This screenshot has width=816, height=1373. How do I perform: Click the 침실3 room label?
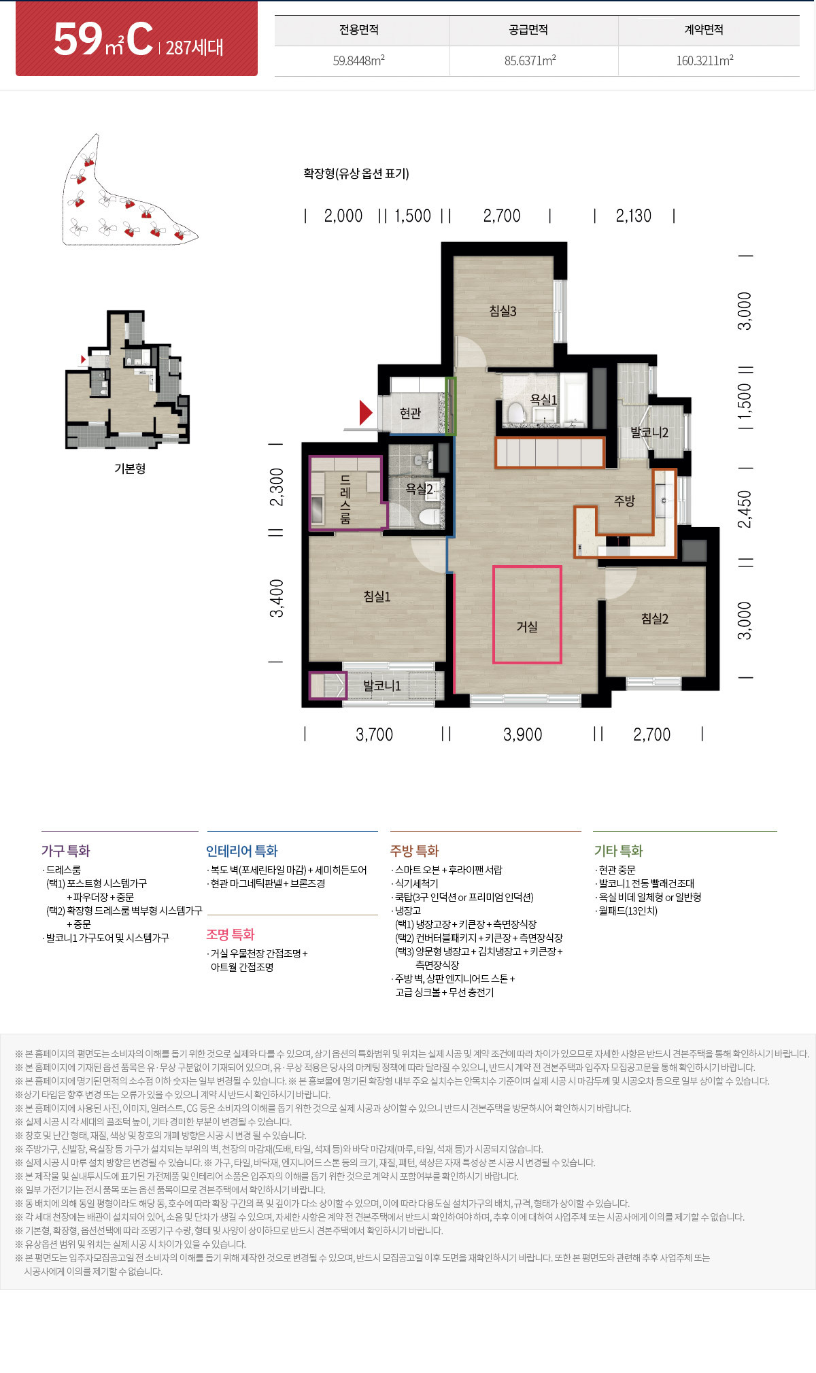503,311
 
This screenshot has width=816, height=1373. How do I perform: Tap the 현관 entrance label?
410,413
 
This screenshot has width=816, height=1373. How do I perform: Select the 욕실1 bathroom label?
543,400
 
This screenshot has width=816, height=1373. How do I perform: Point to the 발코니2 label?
649,433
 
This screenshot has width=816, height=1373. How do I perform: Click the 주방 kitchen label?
624,501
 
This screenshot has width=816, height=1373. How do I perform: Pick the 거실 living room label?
527,626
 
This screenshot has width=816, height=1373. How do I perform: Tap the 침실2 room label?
655,618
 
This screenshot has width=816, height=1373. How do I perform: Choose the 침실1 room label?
377,596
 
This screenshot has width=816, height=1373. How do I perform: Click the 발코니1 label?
381,685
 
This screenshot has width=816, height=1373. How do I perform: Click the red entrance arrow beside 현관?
366,413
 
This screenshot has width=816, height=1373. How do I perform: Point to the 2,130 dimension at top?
633,216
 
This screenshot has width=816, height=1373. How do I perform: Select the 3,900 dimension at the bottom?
522,734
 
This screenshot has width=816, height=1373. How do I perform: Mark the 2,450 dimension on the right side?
745,509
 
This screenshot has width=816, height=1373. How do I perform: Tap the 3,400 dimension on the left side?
277,598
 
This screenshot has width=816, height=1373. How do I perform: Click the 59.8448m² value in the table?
359,61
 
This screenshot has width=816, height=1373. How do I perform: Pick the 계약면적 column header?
704,30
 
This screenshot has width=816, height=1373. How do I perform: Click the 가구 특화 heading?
65,851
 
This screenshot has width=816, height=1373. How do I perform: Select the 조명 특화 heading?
231,934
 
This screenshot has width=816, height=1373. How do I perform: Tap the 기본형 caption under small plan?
130,469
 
